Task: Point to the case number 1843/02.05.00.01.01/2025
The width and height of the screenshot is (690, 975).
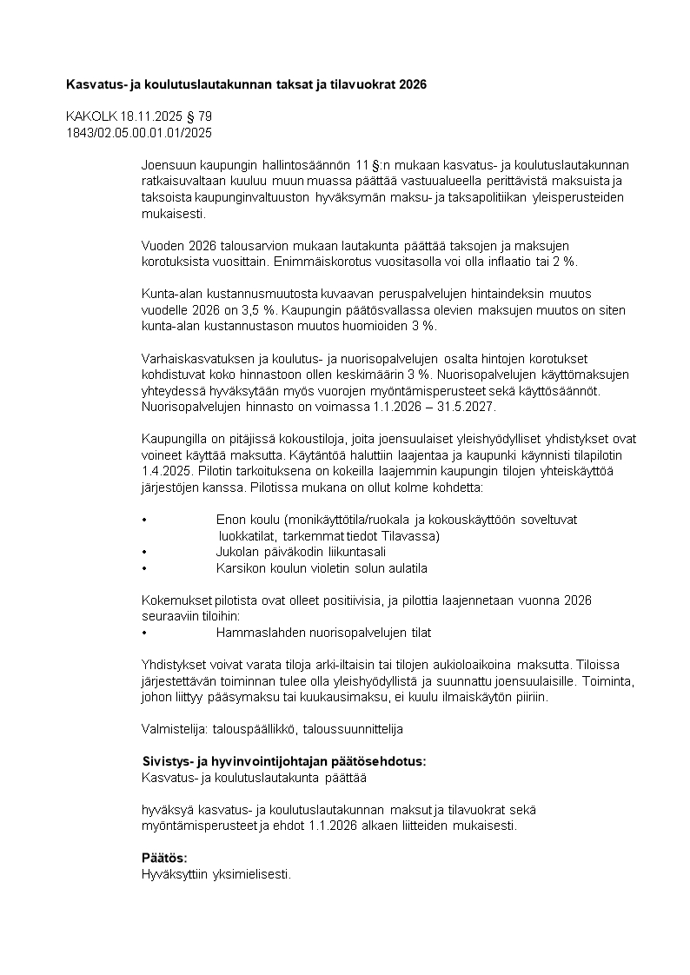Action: point(138,133)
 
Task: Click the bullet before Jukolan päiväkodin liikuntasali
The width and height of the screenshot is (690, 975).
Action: point(143,552)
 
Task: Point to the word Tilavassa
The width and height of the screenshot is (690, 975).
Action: point(412,535)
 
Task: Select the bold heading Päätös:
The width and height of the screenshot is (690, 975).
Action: point(164,858)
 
